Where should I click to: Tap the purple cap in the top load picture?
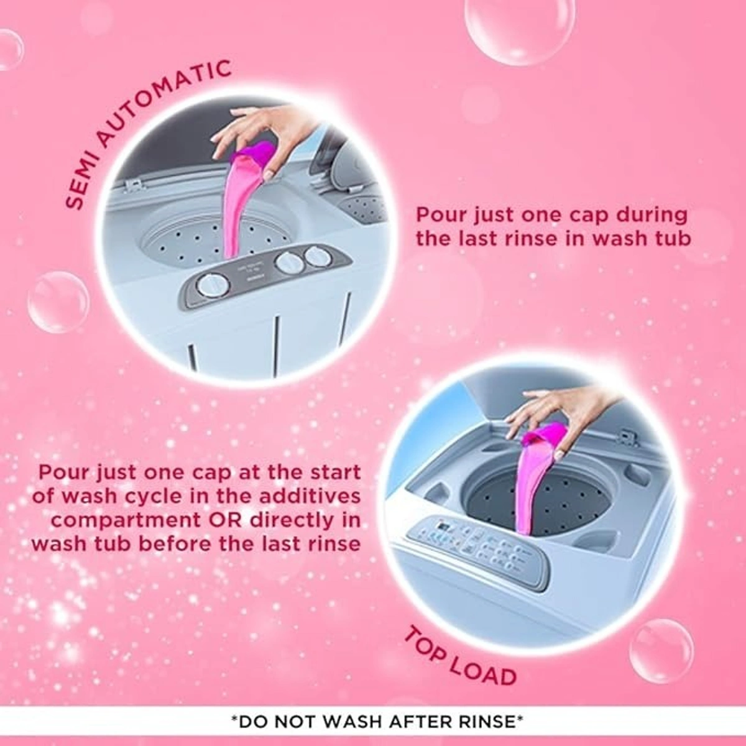click(x=546, y=433)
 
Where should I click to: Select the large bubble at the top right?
click(x=511, y=28)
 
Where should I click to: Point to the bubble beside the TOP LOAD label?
click(x=661, y=650)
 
